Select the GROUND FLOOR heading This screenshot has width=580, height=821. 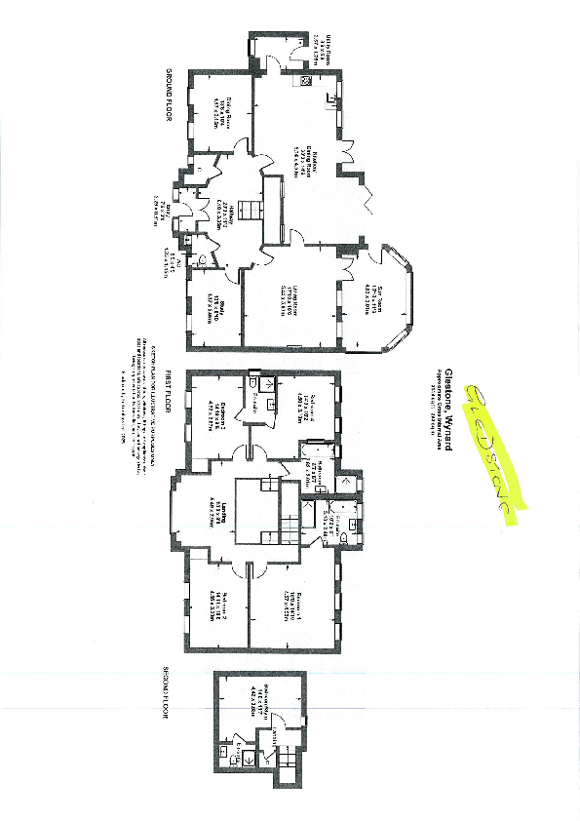coord(168,91)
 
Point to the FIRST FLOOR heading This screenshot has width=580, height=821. coord(168,392)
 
